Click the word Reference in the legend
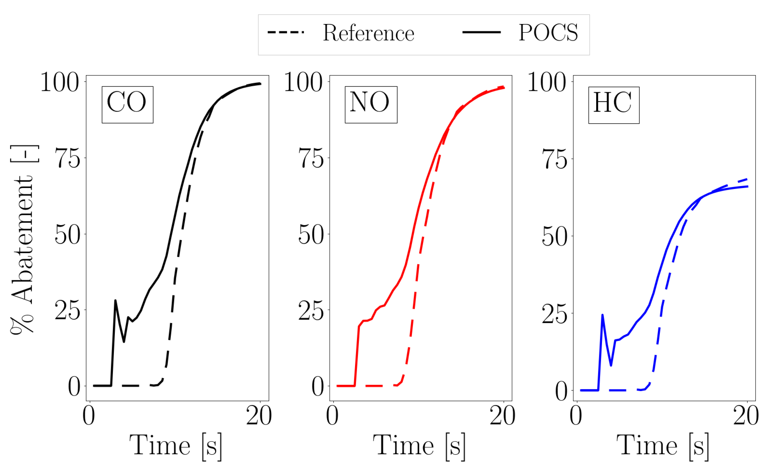(x=368, y=33)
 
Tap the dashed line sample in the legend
(x=286, y=32)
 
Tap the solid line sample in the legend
(x=481, y=32)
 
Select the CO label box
(x=127, y=105)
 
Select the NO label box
(x=371, y=105)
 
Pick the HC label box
(x=614, y=105)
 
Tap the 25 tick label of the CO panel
(x=67, y=310)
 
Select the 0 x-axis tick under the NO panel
(x=332, y=416)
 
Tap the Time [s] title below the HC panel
(x=662, y=446)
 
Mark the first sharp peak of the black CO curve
(x=115, y=300)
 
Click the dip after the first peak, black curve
(x=124, y=342)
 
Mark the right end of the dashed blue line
(x=747, y=179)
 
